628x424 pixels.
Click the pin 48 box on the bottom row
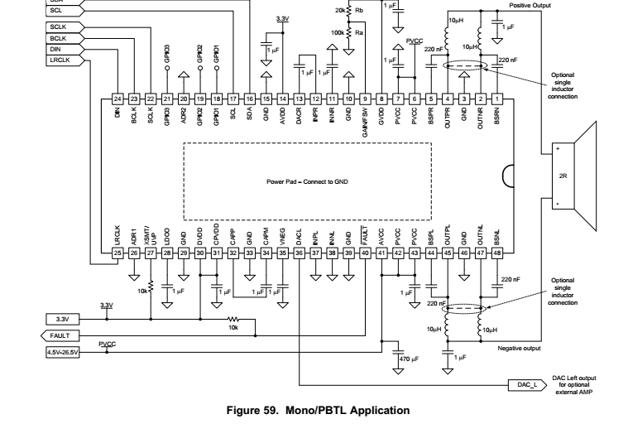[x=497, y=252]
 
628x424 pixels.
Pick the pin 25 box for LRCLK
[x=117, y=252]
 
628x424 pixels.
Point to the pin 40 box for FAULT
[x=365, y=252]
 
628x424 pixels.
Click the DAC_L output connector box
[x=526, y=385]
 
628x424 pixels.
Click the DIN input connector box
[x=58, y=49]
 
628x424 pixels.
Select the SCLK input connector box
[x=58, y=27]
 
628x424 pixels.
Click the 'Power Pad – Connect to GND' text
[x=306, y=181]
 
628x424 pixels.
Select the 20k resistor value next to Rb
[x=340, y=11]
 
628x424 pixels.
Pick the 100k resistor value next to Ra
[x=338, y=31]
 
